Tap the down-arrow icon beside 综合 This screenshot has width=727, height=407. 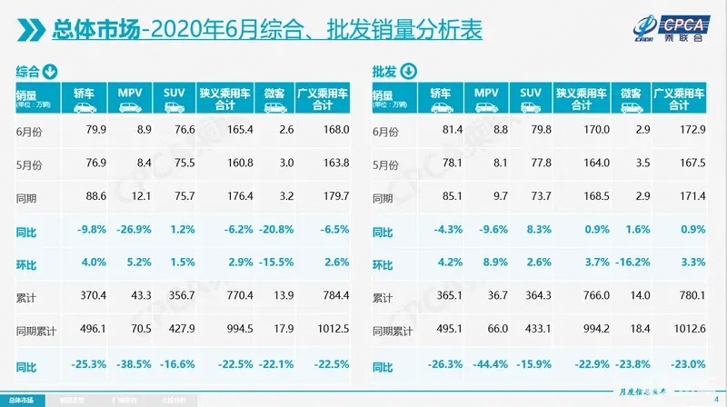pyautogui.click(x=49, y=71)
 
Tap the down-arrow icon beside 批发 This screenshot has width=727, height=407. pyautogui.click(x=408, y=71)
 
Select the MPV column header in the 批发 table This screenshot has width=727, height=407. pyautogui.click(x=488, y=92)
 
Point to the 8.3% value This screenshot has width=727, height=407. pyautogui.click(x=535, y=231)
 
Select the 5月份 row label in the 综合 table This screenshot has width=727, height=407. pyautogui.click(x=30, y=164)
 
